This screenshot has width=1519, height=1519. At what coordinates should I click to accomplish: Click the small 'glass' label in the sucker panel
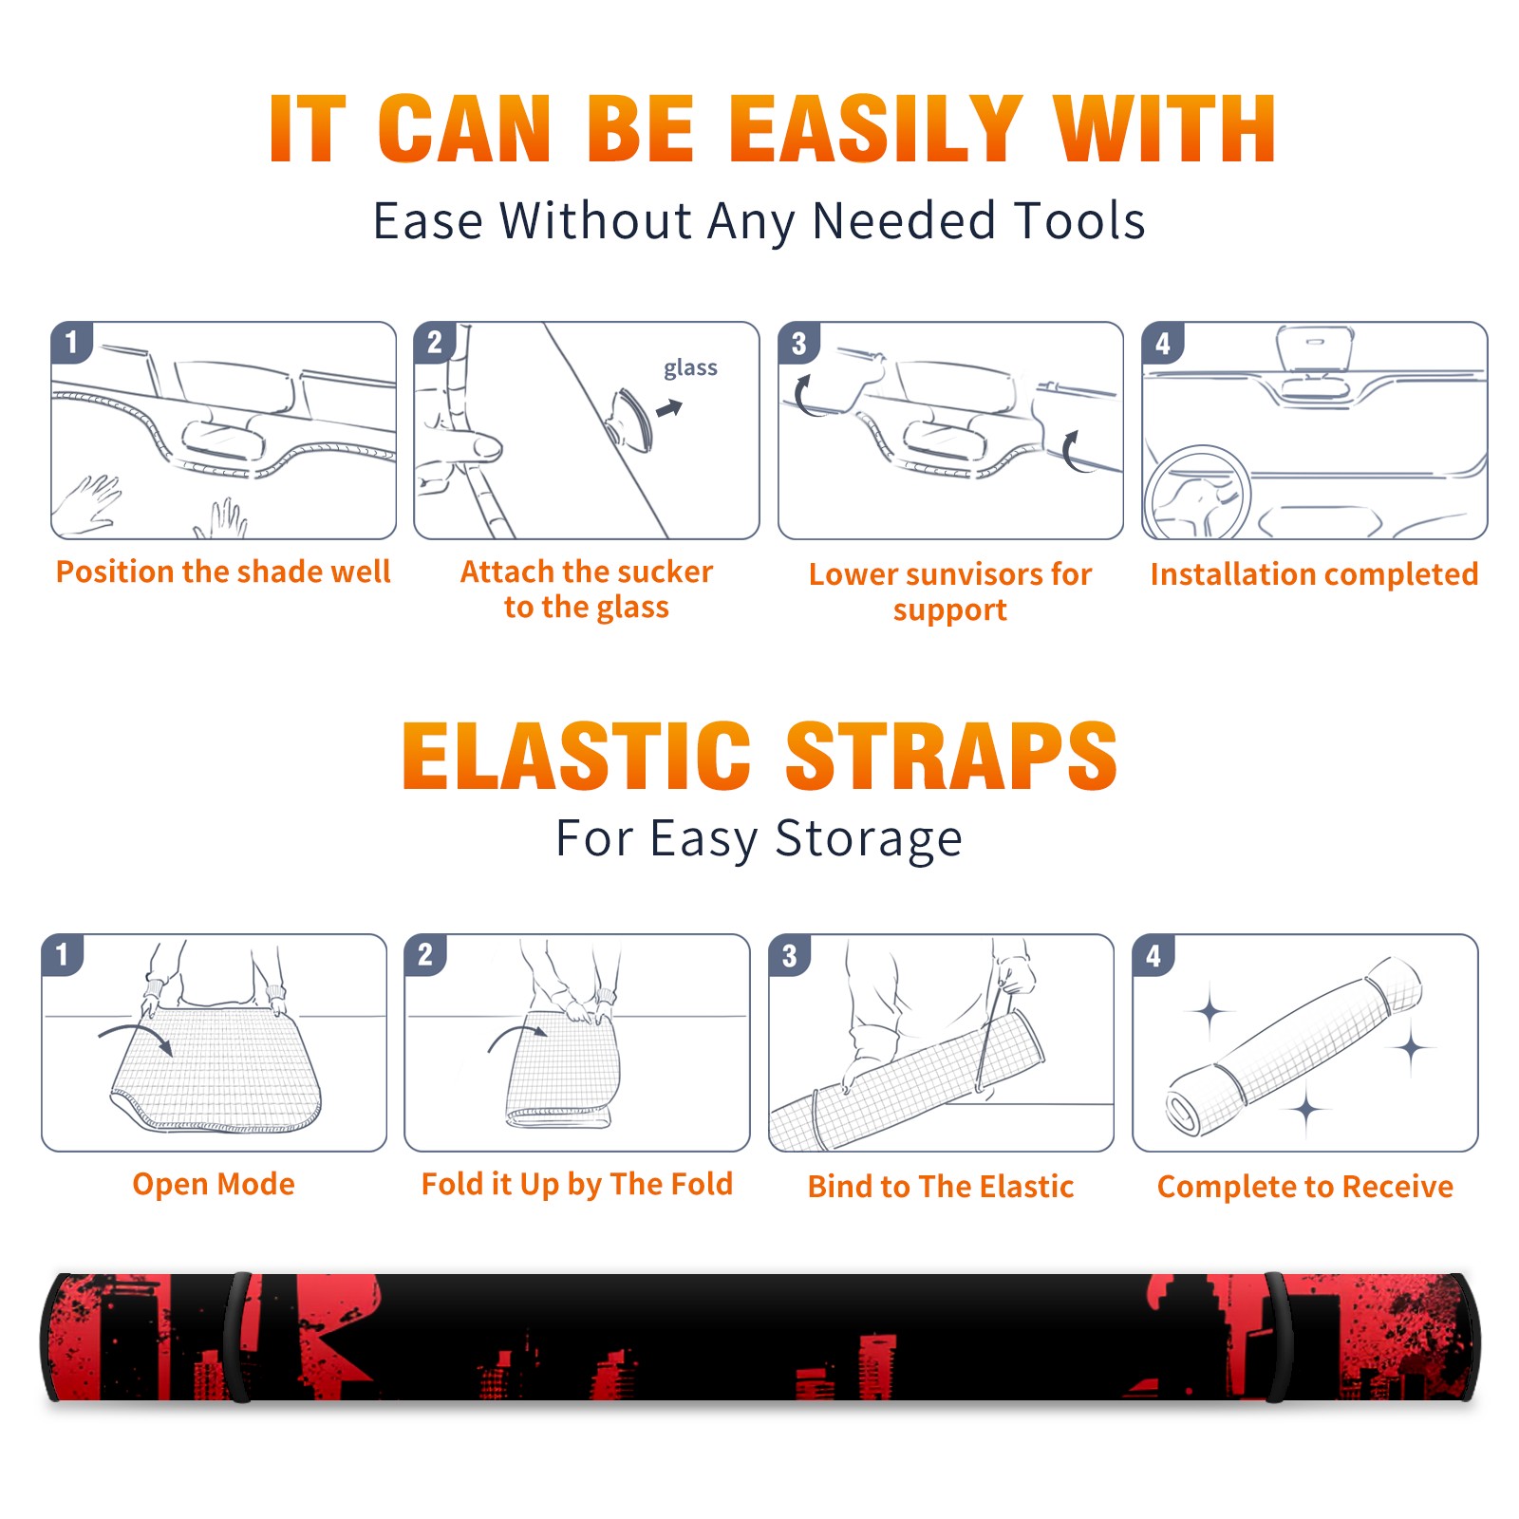pos(690,368)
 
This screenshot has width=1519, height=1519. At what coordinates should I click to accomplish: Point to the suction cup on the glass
pos(629,419)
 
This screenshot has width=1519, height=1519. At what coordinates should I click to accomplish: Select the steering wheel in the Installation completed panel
pos(1197,492)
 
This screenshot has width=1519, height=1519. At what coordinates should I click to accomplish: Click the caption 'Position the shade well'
pos(223,572)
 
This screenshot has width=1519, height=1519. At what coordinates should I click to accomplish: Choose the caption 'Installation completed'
pos(1314,574)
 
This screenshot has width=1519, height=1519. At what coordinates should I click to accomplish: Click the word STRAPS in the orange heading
pos(951,756)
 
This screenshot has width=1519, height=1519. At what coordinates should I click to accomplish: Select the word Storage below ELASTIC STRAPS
pos(869,839)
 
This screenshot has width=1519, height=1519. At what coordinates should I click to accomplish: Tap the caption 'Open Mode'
pos(214,1184)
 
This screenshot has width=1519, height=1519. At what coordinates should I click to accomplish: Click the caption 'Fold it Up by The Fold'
pos(577,1184)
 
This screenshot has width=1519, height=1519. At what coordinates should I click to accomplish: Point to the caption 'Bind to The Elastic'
pos(941,1187)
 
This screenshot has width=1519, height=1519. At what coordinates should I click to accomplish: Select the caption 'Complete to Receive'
pos(1305,1187)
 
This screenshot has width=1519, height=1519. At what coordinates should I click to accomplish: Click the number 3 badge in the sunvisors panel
pos(798,343)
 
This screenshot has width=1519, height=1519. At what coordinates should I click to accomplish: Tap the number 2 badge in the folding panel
pos(425,954)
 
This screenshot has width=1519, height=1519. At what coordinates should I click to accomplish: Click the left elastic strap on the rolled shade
pos(238,1337)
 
